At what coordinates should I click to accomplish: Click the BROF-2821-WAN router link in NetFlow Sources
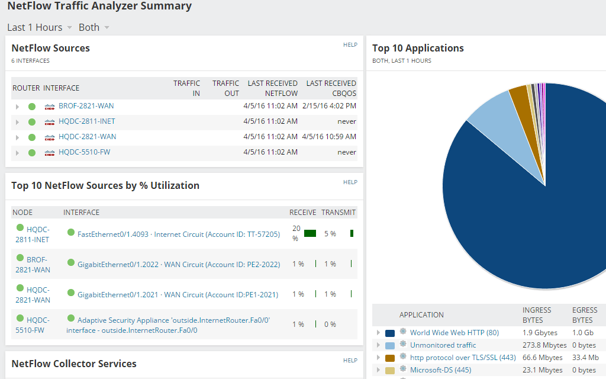point(86,106)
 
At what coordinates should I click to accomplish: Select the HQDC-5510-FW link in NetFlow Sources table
point(84,152)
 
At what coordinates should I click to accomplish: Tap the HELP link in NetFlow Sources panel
point(350,45)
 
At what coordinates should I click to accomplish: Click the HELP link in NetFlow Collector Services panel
point(350,360)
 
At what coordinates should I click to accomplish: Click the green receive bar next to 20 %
point(310,233)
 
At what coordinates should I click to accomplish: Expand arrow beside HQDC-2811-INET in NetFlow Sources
point(18,122)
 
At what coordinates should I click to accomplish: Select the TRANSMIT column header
point(339,212)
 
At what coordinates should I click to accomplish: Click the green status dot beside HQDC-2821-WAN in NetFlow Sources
point(32,137)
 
